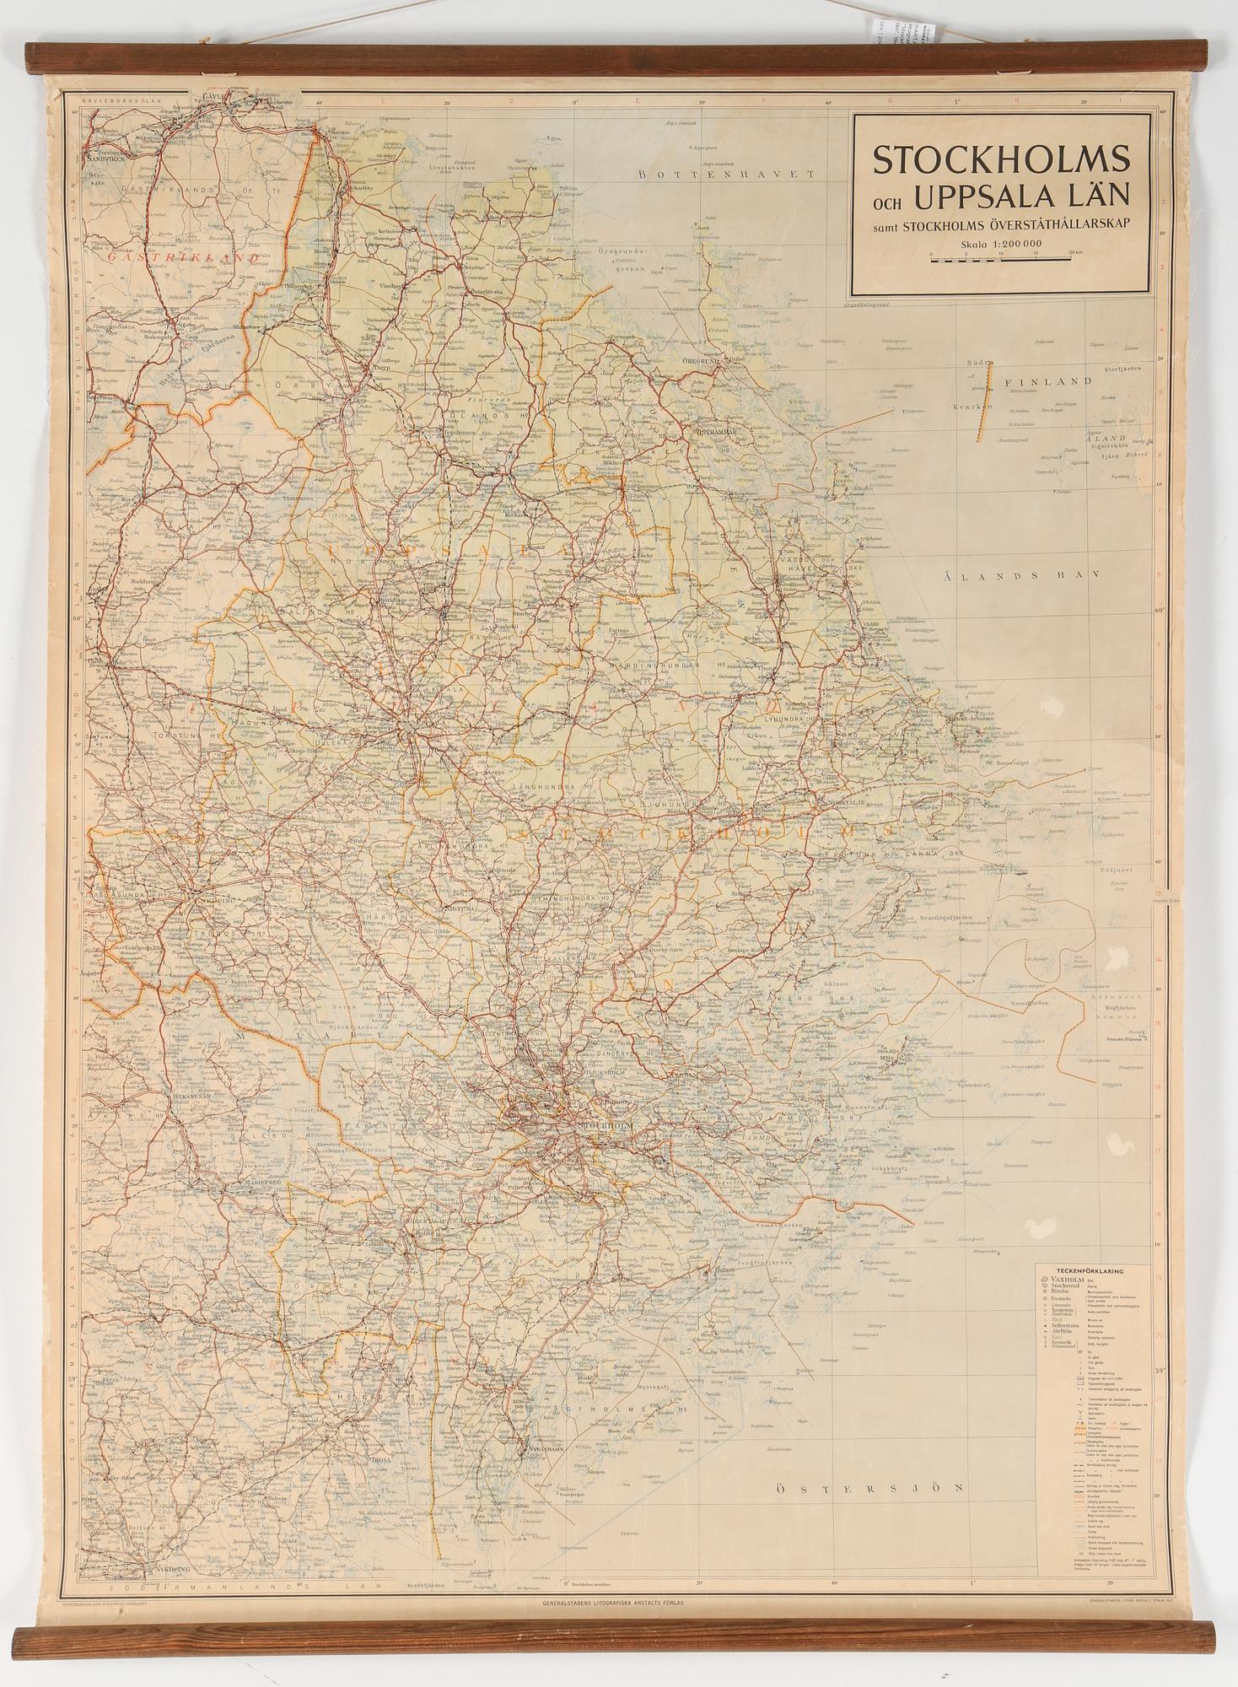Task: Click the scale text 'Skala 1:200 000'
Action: tap(1000, 245)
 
